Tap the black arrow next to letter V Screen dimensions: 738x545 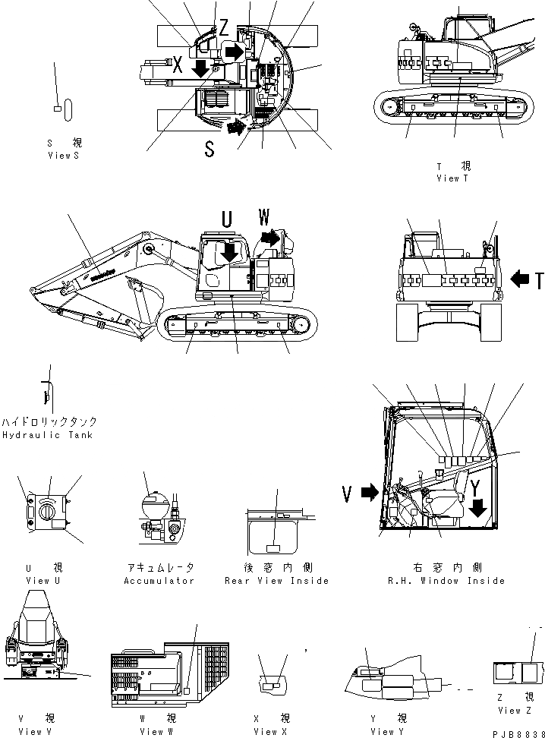coord(369,494)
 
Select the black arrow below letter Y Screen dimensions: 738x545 coord(477,508)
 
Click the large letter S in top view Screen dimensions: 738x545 coord(209,149)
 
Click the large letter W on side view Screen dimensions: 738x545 coord(264,218)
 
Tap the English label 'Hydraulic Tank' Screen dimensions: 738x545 coord(47,435)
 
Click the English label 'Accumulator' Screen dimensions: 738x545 coord(159,581)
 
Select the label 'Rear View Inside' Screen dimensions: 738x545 coord(276,581)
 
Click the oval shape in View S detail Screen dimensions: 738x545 coord(68,109)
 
